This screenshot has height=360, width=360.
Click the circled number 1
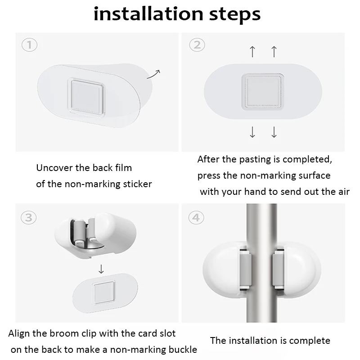pyautogui.click(x=29, y=45)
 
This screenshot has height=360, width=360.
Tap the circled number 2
pyautogui.click(x=197, y=45)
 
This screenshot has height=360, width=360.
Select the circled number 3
pyautogui.click(x=29, y=217)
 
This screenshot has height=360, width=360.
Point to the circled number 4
pyautogui.click(x=196, y=217)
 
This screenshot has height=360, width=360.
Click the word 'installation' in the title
pyautogui.click(x=148, y=14)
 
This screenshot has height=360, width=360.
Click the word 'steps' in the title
pyautogui.click(x=234, y=15)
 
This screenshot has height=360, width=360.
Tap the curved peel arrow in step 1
pyautogui.click(x=153, y=74)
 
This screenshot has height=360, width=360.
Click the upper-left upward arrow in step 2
pyautogui.click(x=252, y=51)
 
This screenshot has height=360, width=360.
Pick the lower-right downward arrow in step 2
pyautogui.click(x=274, y=132)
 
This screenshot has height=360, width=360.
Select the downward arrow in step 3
pyautogui.click(x=101, y=269)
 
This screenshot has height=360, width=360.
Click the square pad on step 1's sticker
pyautogui.click(x=86, y=98)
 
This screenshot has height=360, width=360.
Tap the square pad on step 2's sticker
pyautogui.click(x=263, y=92)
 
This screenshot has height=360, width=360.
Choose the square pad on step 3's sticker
pyautogui.click(x=104, y=292)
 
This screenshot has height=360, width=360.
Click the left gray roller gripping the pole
pyautogui.click(x=245, y=269)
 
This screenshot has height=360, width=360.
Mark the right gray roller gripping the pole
pyautogui.click(x=278, y=269)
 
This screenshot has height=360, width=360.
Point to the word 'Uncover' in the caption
pyautogui.click(x=54, y=168)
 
